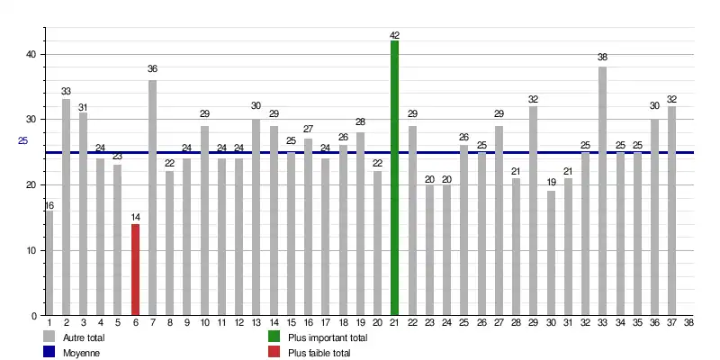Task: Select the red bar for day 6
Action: point(135,270)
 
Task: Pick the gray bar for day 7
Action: point(152,198)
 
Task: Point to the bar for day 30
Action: point(551,253)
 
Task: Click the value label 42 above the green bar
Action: point(394,35)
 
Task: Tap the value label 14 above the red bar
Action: point(135,218)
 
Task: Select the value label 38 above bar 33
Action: point(602,57)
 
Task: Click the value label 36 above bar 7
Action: point(152,69)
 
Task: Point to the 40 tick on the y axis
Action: point(31,54)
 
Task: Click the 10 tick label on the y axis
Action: point(31,250)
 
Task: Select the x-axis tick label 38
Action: point(688,322)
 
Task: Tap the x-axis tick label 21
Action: point(394,322)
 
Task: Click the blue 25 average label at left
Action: point(23,140)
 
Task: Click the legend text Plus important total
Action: point(328,337)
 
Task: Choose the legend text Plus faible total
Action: point(319,353)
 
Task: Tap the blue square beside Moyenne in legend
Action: point(49,352)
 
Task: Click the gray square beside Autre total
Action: point(49,337)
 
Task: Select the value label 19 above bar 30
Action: point(551,183)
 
